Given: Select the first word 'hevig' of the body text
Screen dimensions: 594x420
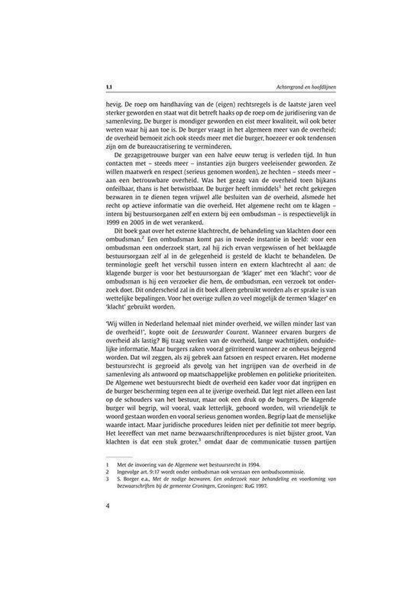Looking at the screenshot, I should pyautogui.click(x=113, y=105).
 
